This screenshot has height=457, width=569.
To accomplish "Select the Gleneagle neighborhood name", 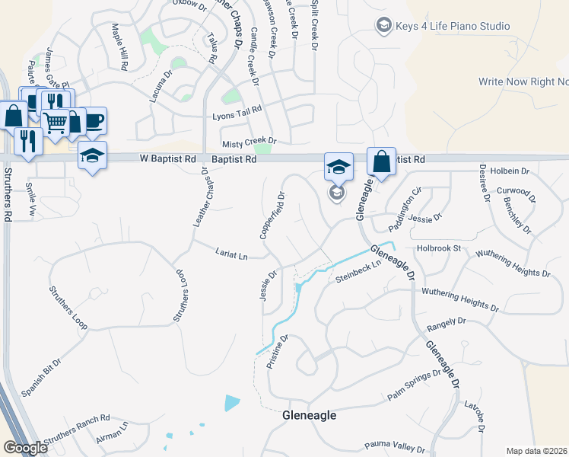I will pos(309,416).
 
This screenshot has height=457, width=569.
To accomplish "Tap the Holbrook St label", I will pos(440,248).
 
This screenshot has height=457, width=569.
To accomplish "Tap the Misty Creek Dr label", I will pos(249,142).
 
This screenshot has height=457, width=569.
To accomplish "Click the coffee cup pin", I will pos(94,120).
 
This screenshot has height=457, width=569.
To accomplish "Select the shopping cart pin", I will pos(55,122).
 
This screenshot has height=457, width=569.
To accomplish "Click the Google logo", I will pos(25,448).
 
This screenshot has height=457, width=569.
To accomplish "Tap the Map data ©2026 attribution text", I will pos(537,451).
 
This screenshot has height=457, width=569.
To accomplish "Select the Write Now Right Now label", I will pos(523,81).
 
